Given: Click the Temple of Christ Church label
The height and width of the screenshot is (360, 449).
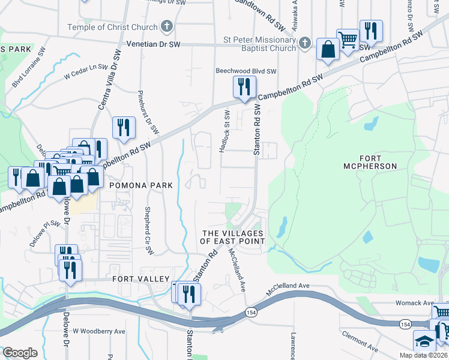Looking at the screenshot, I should point(112,27).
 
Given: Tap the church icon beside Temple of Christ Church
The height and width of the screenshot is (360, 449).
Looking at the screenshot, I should point(167,27).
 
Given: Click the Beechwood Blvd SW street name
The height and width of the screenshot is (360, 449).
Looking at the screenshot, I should point(246,70).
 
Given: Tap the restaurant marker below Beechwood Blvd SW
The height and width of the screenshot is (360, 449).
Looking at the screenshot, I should point(244,87).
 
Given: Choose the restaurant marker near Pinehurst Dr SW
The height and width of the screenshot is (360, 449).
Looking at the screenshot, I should point(123,127).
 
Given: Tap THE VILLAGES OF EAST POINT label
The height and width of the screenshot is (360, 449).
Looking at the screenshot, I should point(233,237).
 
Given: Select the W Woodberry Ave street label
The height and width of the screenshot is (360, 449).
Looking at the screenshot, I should point(99,331).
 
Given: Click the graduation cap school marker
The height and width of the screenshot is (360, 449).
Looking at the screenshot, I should point(424,341).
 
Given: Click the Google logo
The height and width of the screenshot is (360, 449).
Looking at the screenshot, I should point(20,353).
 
